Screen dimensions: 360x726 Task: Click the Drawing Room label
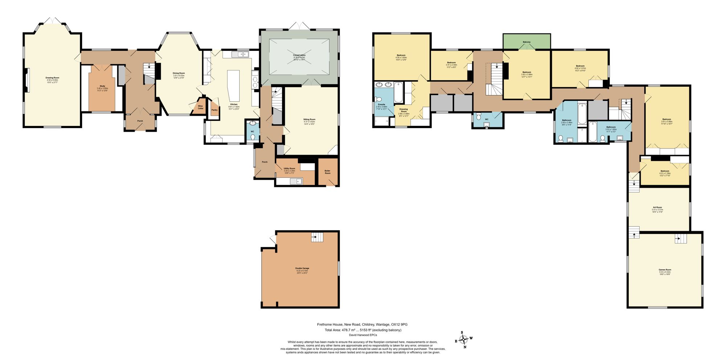[52, 78]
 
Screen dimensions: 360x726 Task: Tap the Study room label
[102, 86]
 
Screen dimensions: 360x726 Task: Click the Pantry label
[215, 110]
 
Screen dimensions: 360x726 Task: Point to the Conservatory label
[299, 55]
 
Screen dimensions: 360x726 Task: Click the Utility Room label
[289, 168]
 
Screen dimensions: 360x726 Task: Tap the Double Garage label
[302, 268]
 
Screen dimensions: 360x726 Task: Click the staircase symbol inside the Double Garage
[317, 237]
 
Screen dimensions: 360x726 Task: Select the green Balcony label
[526, 42]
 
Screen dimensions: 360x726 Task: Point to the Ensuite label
[381, 105]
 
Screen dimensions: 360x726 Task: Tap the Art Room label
[657, 208]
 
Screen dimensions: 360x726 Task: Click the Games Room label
[665, 270]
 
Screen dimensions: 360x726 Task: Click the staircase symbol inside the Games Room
[681, 238]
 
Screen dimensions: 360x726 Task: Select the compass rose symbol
[464, 339]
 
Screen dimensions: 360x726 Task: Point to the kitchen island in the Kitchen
[234, 86]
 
